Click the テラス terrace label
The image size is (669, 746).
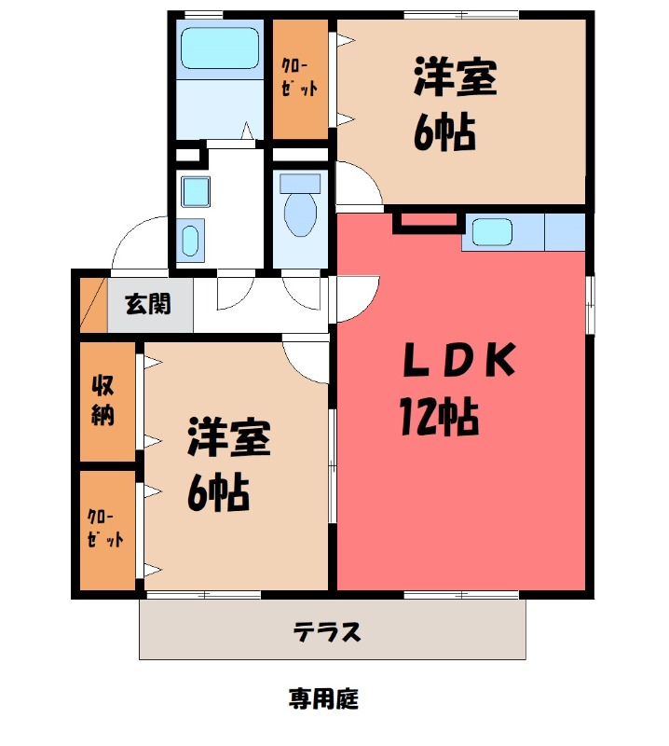tap(327, 633)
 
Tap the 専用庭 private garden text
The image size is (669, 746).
tap(323, 698)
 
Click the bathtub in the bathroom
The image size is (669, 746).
tap(218, 48)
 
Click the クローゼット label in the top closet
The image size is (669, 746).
tap(300, 78)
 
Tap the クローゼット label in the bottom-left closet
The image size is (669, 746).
tap(104, 528)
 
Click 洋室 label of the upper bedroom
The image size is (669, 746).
tap(456, 78)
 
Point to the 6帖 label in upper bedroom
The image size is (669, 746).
tap(445, 133)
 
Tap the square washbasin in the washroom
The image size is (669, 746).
tap(195, 191)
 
